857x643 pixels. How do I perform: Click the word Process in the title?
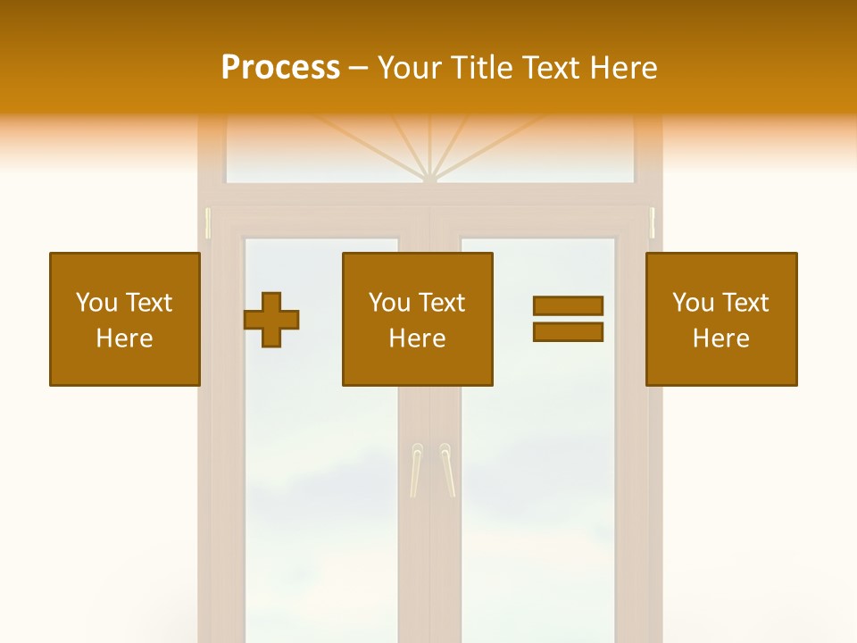click(280, 68)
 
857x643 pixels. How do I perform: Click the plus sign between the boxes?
click(271, 319)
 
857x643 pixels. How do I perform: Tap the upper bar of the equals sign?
click(568, 305)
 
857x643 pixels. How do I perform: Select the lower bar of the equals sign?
click(568, 332)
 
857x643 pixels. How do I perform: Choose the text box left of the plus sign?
click(125, 319)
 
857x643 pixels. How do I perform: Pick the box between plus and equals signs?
click(418, 319)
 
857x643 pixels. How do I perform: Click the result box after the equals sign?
click(721, 319)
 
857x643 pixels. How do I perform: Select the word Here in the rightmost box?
click(721, 338)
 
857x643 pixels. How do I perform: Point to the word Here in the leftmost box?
click(125, 338)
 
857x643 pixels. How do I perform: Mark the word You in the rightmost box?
click(694, 303)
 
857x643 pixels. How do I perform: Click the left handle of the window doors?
click(415, 470)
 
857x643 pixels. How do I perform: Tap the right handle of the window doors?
click(446, 470)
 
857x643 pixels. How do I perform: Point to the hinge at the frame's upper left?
click(208, 223)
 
